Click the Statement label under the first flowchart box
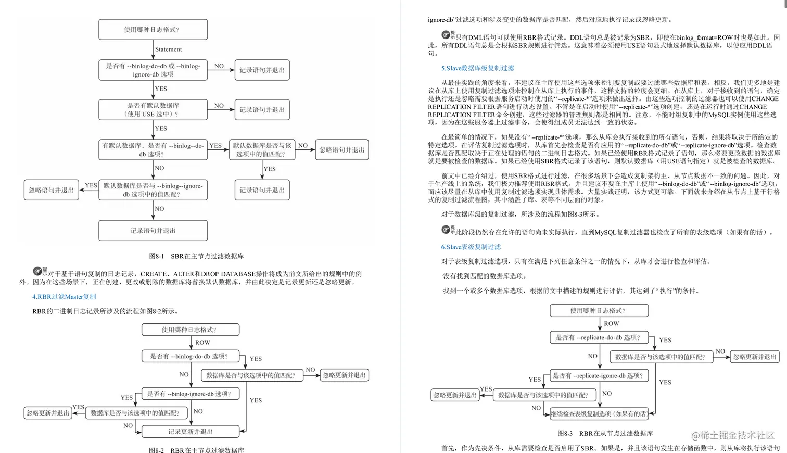[168, 49]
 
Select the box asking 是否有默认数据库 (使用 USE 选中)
[153, 109]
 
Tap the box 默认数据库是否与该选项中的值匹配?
[262, 149]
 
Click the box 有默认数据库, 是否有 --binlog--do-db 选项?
[153, 149]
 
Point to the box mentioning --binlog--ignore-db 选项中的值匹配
[153, 190]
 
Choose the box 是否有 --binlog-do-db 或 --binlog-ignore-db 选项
[153, 70]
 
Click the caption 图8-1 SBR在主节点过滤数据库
[196, 256]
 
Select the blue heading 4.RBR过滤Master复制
[64, 297]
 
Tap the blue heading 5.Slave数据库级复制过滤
[477, 68]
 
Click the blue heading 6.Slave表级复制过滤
[471, 247]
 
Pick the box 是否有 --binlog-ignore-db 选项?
[190, 394]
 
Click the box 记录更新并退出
[190, 432]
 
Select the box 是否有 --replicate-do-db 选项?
[599, 337]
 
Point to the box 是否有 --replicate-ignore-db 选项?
[599, 375]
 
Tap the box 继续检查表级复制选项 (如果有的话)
[599, 414]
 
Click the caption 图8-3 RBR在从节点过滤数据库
[605, 433]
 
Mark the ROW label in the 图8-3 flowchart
[611, 324]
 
